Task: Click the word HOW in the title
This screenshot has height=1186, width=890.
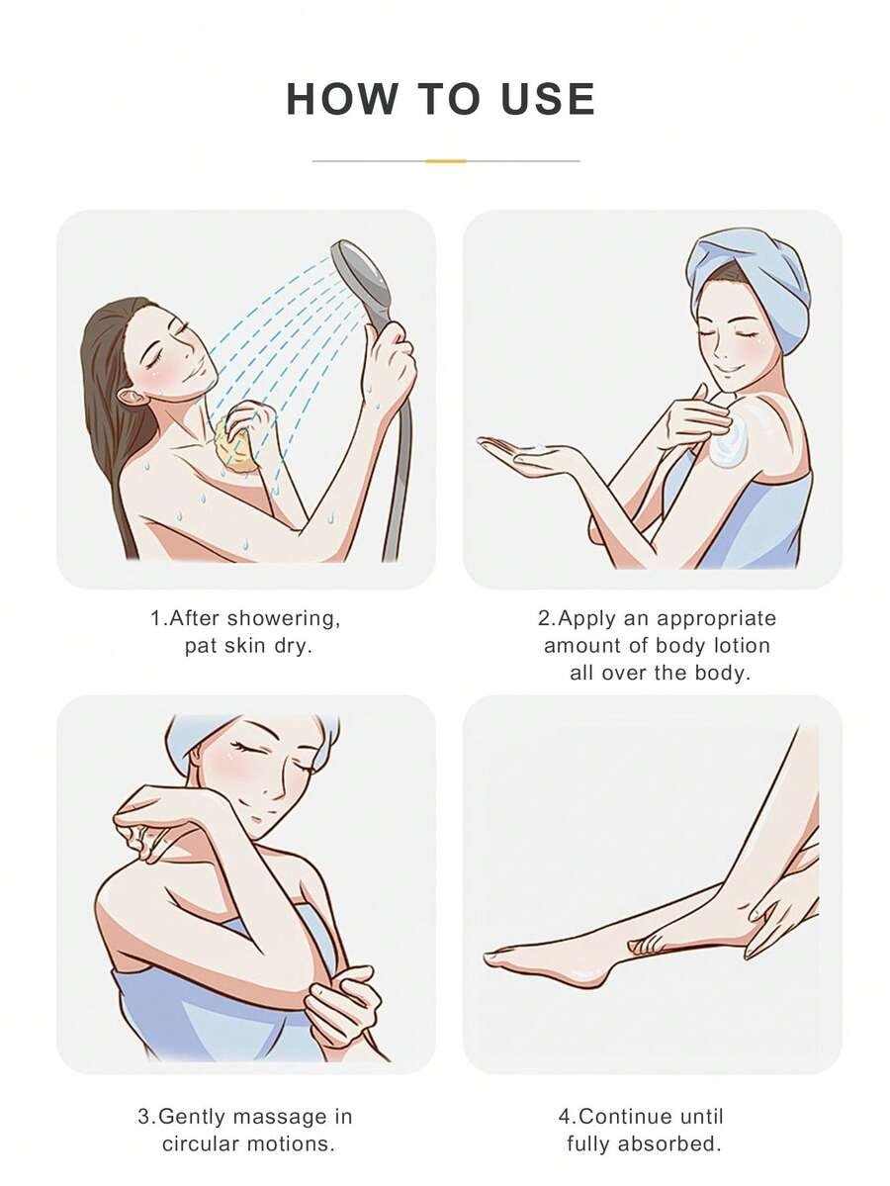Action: pyautogui.click(x=342, y=99)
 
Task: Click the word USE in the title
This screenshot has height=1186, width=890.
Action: pyautogui.click(x=548, y=99)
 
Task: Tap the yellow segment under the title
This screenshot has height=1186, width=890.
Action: pyautogui.click(x=445, y=161)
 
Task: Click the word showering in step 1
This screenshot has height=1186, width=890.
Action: pyautogui.click(x=284, y=619)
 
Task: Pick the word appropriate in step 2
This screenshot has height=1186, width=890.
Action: pyautogui.click(x=717, y=619)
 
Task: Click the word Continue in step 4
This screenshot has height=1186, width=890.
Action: pyautogui.click(x=625, y=1117)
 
